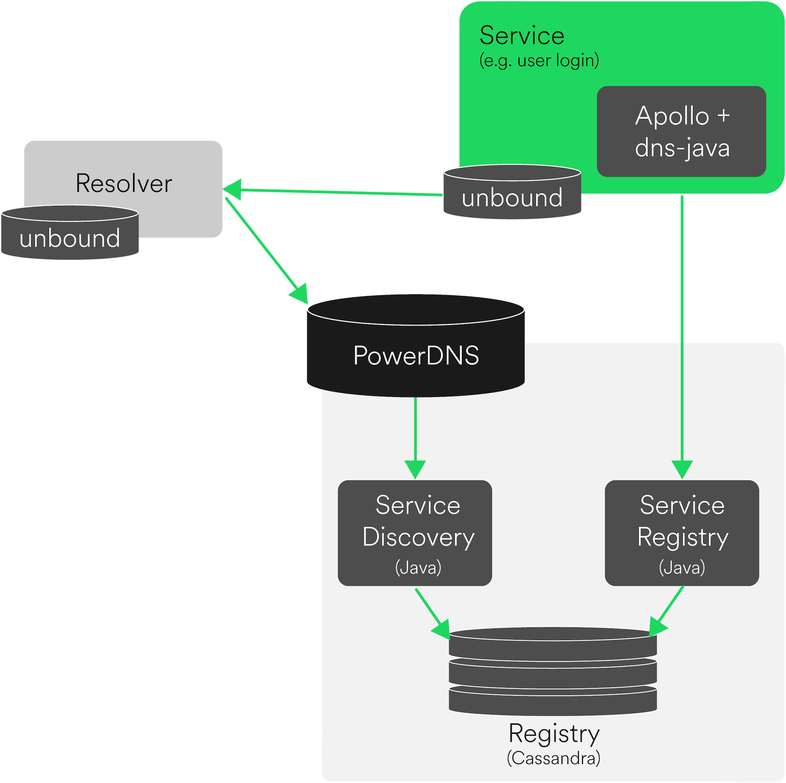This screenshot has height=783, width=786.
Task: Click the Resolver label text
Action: (124, 184)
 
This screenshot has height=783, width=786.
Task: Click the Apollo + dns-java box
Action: (681, 131)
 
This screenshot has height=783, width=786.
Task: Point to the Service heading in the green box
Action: (522, 36)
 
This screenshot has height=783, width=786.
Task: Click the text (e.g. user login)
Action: (539, 61)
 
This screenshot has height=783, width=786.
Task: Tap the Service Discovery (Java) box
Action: (414, 533)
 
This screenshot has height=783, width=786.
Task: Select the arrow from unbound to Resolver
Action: (334, 192)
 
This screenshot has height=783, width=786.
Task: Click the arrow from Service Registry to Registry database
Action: (667, 611)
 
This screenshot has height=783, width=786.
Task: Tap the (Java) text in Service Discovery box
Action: (418, 568)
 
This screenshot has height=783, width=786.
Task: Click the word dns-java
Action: (682, 148)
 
